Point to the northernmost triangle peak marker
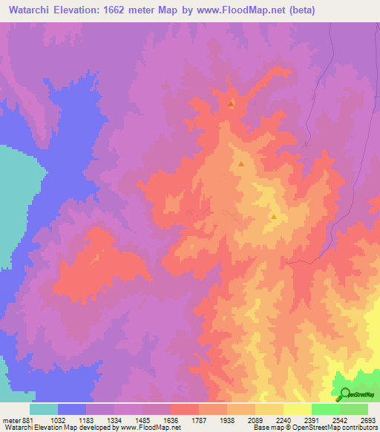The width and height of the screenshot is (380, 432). click(231, 104)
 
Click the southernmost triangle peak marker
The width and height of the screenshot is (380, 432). click(274, 217)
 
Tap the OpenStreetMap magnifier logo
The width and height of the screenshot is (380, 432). click(344, 395)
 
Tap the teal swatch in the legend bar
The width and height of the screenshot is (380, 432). click(44, 409)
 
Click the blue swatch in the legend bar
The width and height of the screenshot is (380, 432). click(72, 409)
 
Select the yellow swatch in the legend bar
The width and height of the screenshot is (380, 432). click(298, 409)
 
